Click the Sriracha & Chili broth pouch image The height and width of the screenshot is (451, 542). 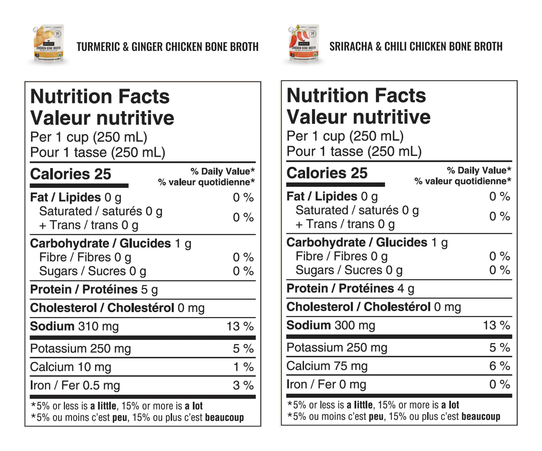pos(303,44)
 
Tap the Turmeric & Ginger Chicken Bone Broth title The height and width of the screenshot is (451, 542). pos(167,47)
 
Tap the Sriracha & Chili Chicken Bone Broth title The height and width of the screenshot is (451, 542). pos(416,47)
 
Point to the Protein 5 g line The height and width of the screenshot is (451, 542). pos(94,290)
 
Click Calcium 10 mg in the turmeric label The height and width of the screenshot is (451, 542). pos(71,367)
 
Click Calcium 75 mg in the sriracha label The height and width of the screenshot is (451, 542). pos(327,366)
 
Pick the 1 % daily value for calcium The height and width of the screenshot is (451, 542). pos(243,367)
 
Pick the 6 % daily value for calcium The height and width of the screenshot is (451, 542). pos(500,366)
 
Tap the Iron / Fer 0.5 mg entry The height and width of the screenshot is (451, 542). pos(75,385)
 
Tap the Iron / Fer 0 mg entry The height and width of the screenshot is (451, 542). pos(326,384)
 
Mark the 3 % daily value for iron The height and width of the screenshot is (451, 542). pos(243,385)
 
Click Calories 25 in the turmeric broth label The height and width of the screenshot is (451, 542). pos(71,174)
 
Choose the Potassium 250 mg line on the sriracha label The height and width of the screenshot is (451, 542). pos(336,347)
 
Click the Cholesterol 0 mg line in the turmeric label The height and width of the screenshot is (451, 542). pos(117,308)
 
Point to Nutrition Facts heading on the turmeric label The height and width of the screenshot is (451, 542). pos(100,96)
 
